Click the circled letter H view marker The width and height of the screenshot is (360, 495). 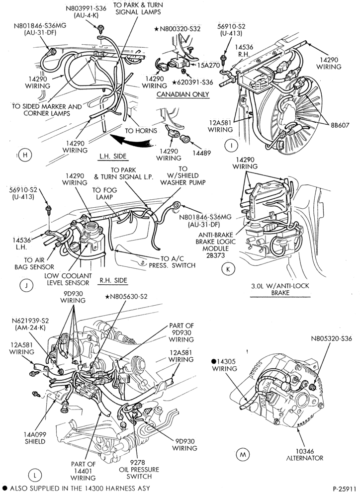point(25,155)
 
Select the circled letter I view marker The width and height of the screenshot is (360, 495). point(232,146)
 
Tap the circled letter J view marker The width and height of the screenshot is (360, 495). point(26,286)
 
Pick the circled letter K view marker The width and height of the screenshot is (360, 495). point(228,269)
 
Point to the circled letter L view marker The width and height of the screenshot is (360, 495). point(35,475)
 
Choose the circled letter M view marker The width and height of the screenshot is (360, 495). point(243,454)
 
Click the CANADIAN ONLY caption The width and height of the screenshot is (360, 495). point(183,94)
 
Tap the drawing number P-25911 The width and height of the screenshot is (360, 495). point(344,488)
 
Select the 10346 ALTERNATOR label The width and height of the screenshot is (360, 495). point(305,454)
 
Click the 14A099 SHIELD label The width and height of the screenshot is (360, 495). point(35,438)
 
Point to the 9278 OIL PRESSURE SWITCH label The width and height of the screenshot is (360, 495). point(139,469)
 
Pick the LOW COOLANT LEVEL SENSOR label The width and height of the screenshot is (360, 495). point(68,279)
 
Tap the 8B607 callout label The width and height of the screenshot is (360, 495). point(340,125)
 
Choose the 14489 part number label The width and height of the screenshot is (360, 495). point(202,153)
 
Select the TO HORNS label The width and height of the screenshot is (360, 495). point(141,131)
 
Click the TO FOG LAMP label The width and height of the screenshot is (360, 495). point(104,193)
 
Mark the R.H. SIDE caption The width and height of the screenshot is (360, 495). point(113,280)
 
